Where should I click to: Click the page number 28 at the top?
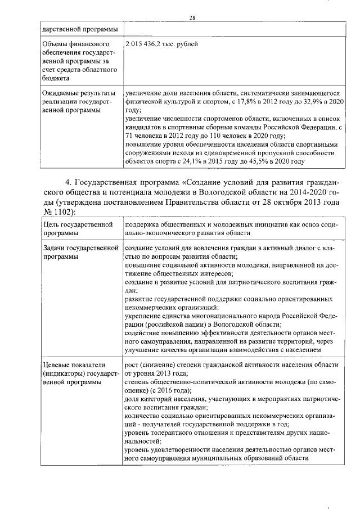point(192,17)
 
